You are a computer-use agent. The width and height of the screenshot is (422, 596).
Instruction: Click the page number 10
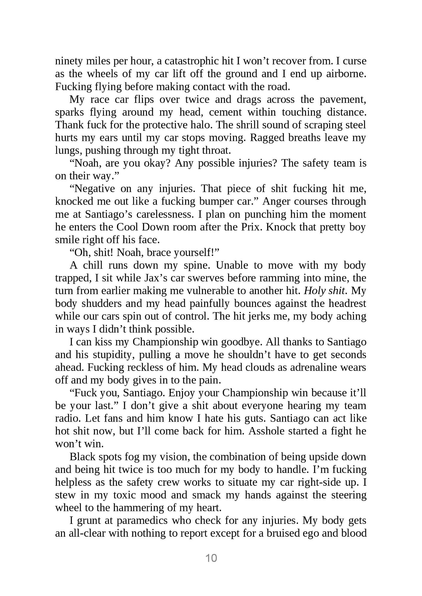(211, 558)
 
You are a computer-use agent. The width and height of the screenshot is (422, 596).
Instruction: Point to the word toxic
(124, 495)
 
